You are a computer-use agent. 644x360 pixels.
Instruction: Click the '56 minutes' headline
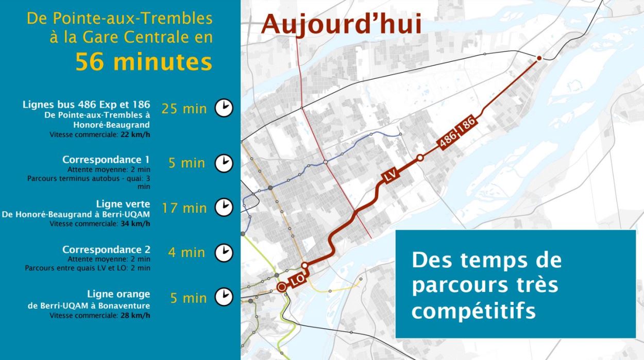coord(144,62)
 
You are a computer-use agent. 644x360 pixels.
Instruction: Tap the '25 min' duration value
coord(184,109)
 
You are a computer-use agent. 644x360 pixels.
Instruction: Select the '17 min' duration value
coord(184,208)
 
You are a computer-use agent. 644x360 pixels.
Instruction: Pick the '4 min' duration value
coord(187,252)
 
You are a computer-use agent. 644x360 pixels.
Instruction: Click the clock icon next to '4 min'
coord(224,252)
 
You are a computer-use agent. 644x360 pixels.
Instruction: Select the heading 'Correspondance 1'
coord(106,159)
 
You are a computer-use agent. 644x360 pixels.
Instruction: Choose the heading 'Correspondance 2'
coord(106,249)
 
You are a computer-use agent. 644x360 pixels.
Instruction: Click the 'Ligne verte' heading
coord(123,204)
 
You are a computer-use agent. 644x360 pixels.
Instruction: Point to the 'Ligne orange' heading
coord(118,294)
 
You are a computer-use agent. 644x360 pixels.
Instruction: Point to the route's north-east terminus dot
coord(539,58)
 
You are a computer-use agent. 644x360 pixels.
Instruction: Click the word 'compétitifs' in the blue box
coord(473,311)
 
